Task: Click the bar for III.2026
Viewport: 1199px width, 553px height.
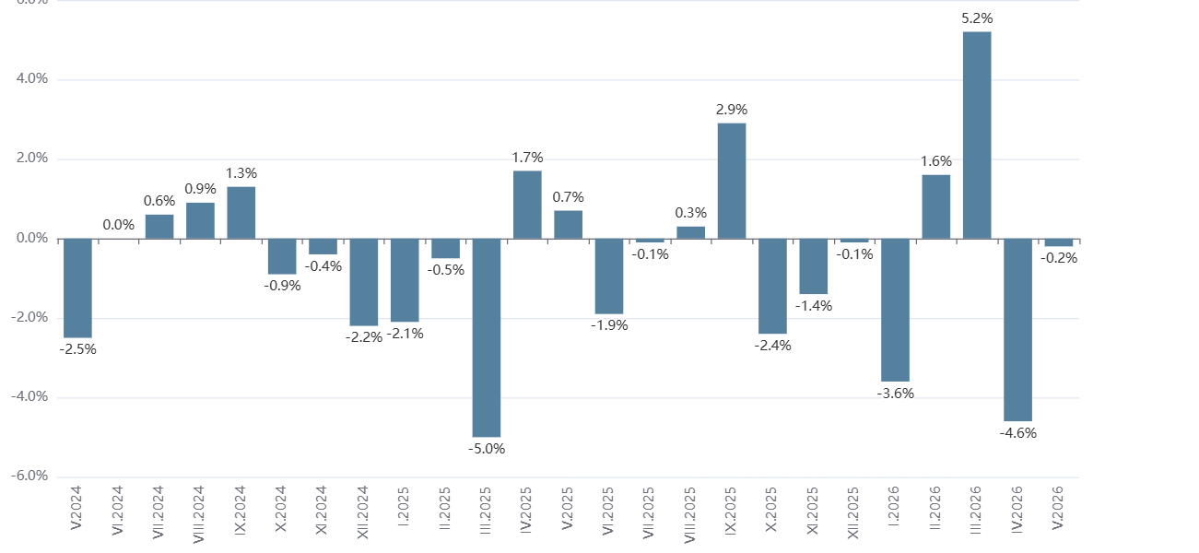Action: [x=977, y=135]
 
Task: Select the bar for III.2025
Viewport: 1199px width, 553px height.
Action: [x=487, y=338]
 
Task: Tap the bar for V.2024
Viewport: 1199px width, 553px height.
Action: [x=77, y=288]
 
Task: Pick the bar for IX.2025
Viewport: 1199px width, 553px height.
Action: [x=732, y=181]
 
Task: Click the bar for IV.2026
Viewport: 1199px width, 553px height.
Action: [x=1018, y=330]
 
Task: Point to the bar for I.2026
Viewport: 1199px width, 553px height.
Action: [x=896, y=310]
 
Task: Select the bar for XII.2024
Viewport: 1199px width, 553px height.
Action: [x=364, y=282]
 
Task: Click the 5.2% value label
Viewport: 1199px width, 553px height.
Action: [x=977, y=18]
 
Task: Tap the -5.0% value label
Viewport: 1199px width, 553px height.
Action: [x=487, y=449]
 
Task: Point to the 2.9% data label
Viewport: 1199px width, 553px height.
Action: [x=732, y=109]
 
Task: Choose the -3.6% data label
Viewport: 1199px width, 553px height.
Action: [x=896, y=394]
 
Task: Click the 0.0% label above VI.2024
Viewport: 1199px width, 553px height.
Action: [x=118, y=225]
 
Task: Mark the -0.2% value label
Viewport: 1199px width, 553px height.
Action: [x=1059, y=258]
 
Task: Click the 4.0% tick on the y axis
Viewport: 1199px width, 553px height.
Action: [x=32, y=78]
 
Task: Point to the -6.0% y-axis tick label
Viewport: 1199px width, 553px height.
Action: [x=29, y=476]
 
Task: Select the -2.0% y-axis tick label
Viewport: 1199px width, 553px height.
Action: [x=29, y=317]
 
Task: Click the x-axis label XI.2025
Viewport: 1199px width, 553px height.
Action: [x=813, y=511]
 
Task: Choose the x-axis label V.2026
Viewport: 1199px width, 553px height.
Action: [x=1058, y=508]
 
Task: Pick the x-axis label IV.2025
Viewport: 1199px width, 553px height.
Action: [x=527, y=511]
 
